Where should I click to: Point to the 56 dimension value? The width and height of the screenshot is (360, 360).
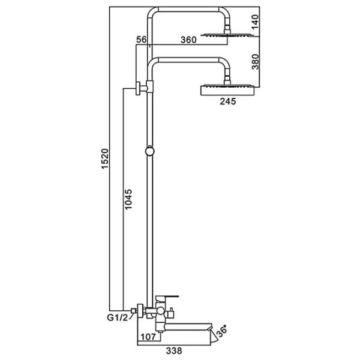click(x=142, y=40)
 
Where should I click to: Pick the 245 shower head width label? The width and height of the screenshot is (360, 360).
click(x=227, y=101)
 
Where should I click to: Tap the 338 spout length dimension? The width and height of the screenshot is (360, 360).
click(x=174, y=350)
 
